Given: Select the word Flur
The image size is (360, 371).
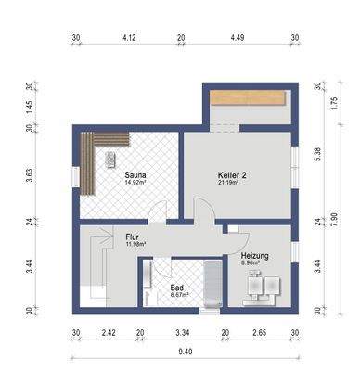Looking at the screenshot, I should coord(132,237).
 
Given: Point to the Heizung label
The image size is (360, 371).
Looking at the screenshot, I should coord(255,255).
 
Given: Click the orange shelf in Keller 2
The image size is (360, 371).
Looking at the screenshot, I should coord(247,97).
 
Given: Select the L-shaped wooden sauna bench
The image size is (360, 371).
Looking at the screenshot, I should coord(88,158).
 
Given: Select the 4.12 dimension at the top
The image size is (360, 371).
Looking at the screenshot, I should coord(130,38).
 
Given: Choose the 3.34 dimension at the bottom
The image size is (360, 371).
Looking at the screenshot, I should coord(183,332).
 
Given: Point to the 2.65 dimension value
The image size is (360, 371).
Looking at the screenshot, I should coord(260,332).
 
